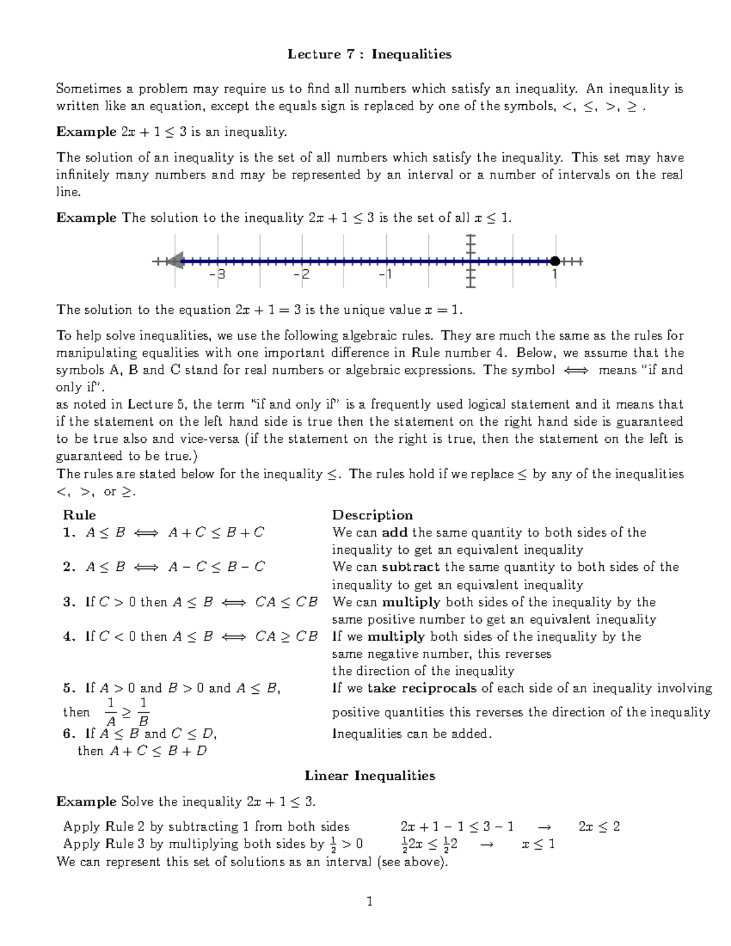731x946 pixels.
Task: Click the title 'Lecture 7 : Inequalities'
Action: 369,55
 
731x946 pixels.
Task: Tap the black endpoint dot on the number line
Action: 554,261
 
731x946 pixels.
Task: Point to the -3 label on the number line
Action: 217,275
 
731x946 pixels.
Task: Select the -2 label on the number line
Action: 301,275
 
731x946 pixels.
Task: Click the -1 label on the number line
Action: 385,275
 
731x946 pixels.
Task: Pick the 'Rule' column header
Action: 79,515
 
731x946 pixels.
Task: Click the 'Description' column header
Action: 372,515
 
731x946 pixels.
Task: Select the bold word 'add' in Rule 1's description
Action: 394,532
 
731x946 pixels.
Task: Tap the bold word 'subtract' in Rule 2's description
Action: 411,567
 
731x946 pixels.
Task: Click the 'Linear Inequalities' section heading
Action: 370,775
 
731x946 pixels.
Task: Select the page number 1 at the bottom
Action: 369,901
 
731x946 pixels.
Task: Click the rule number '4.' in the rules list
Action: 69,637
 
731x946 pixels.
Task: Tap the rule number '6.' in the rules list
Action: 69,733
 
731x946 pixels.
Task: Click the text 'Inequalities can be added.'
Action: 411,733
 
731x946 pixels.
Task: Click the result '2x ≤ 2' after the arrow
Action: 599,827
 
